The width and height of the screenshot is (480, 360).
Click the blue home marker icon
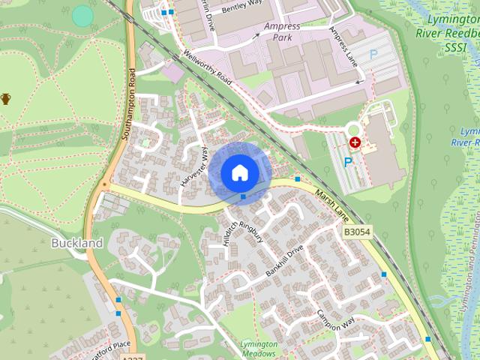click(239, 172)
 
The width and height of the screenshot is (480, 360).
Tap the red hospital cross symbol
click(355, 141)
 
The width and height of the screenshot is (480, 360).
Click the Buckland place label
click(76, 244)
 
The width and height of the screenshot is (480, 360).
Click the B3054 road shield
click(358, 233)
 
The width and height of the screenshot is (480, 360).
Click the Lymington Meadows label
click(258, 348)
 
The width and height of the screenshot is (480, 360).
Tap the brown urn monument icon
click(6, 98)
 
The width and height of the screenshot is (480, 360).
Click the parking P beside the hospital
click(347, 161)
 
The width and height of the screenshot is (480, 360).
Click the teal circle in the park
click(82, 15)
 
